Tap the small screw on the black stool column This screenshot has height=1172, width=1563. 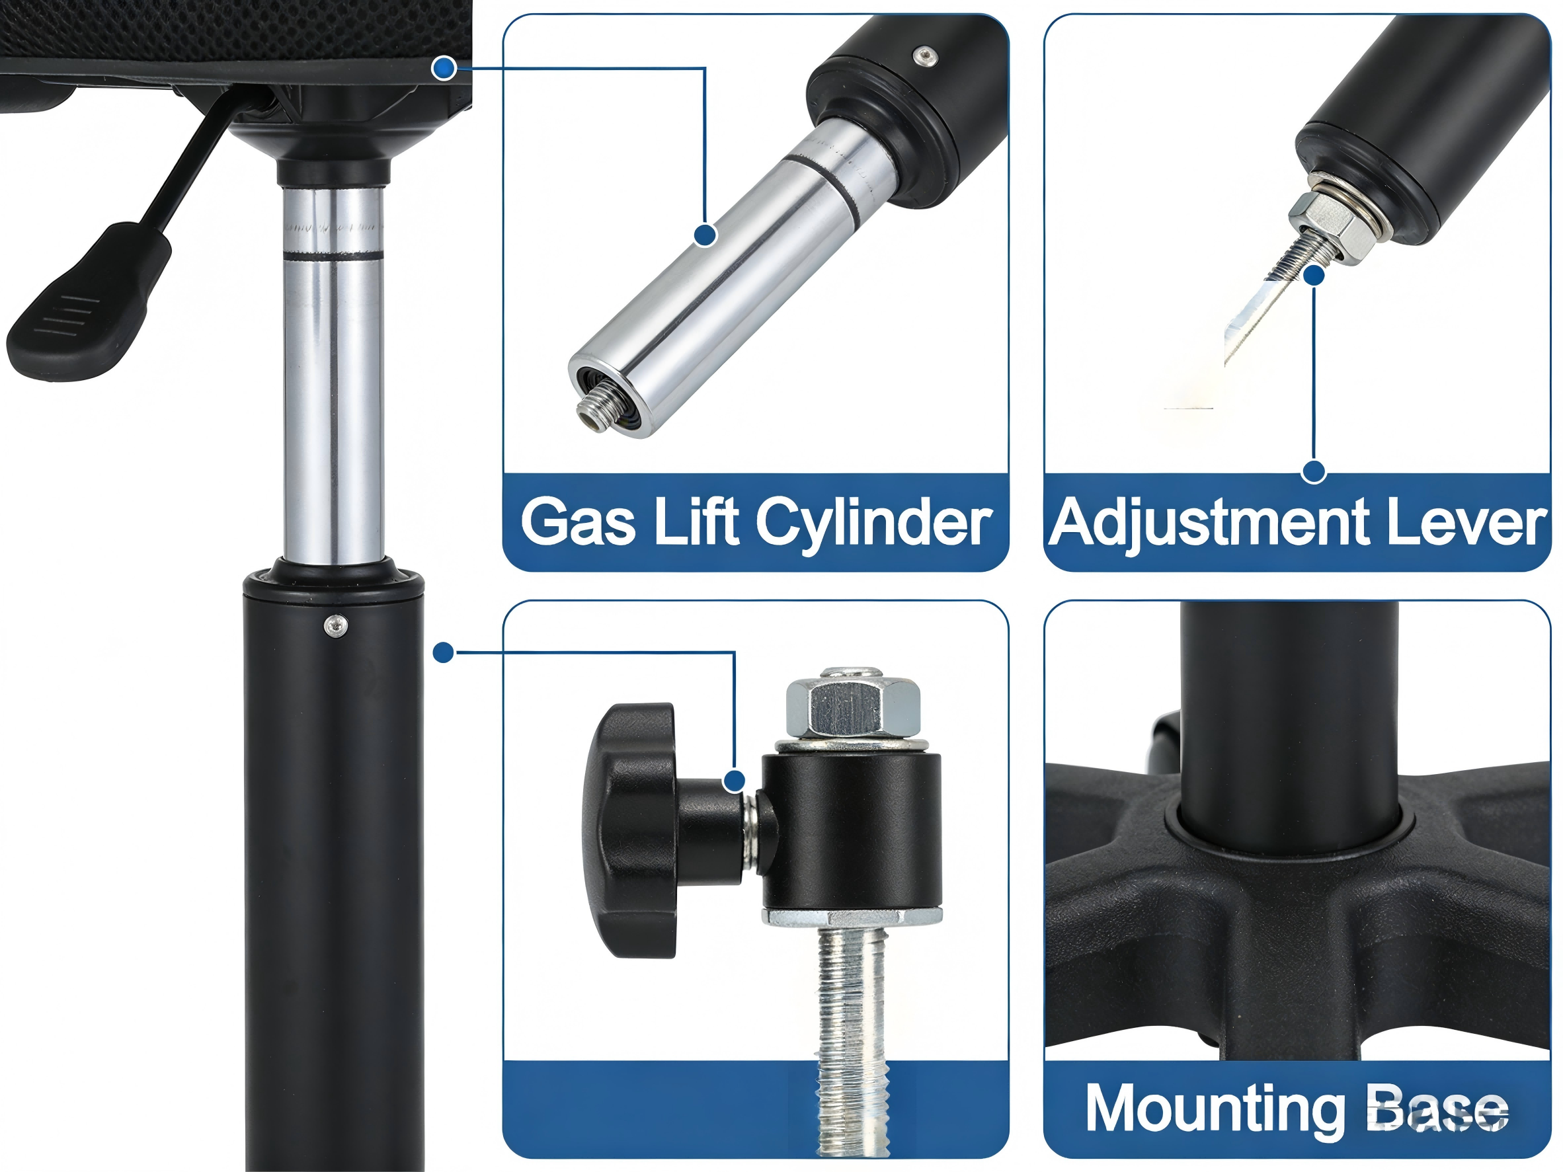pos(335,624)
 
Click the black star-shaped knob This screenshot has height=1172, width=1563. pos(629,830)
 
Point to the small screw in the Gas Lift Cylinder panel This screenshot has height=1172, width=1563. pos(924,56)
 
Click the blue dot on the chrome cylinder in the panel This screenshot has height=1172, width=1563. pos(705,235)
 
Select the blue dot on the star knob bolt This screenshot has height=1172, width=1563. pos(735,781)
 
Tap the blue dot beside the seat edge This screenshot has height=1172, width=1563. pos(443,68)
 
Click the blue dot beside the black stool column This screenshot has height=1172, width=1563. pos(443,652)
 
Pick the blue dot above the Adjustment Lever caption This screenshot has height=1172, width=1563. pos(1314,472)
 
